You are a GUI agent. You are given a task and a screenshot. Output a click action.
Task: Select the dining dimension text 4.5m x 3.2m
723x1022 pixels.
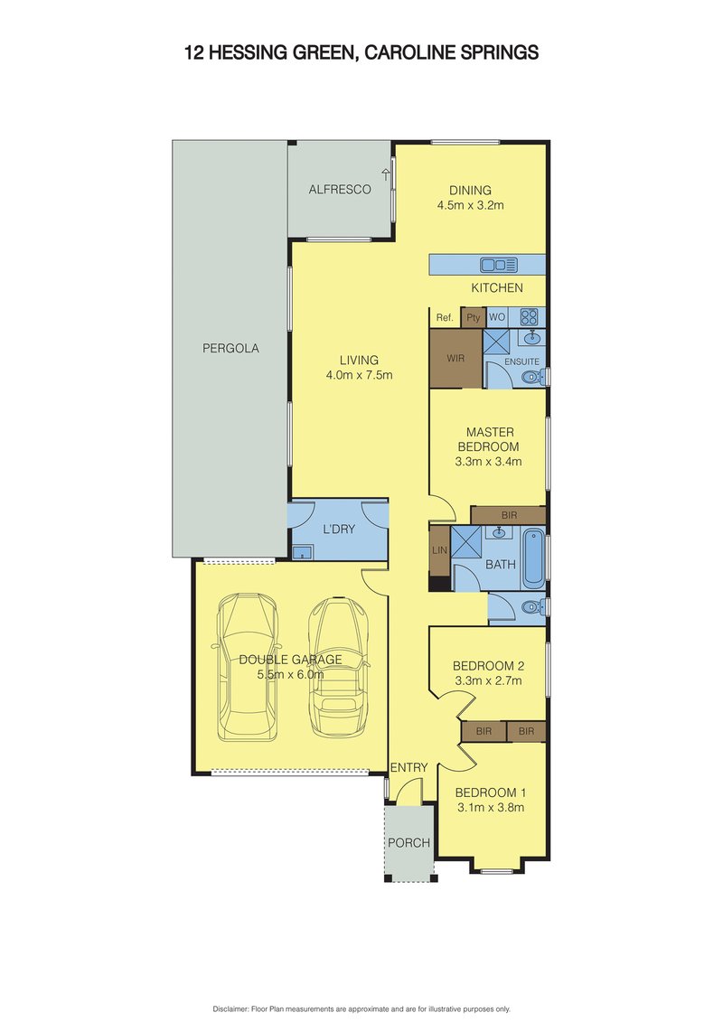[x=470, y=205]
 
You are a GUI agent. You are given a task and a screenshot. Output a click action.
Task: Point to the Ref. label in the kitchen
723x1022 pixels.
[x=444, y=318]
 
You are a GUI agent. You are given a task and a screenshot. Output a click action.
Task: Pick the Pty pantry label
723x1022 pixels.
[x=473, y=318]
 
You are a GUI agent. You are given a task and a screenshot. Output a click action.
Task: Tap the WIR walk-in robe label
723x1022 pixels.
[x=456, y=359]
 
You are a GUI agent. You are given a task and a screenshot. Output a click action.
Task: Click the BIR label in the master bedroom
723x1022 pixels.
[x=508, y=515]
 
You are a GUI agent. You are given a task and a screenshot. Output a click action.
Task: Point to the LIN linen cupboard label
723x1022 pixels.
[x=440, y=550]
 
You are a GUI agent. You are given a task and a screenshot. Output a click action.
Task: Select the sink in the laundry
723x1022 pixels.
[x=302, y=552]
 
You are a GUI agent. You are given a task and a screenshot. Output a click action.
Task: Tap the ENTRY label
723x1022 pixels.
[x=408, y=768]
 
